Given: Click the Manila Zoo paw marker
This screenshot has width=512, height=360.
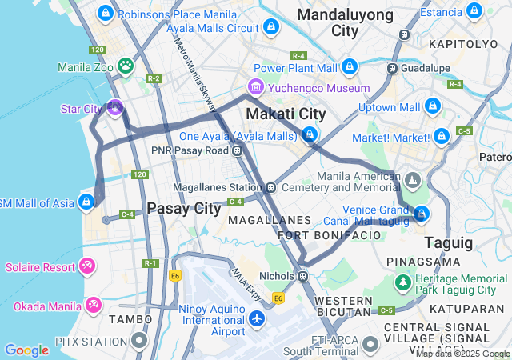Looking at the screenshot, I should pyautogui.click(x=126, y=65).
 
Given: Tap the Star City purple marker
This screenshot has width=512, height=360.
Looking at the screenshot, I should pyautogui.click(x=115, y=107).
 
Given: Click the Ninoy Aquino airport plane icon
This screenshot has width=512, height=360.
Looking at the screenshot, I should pyautogui.click(x=257, y=319).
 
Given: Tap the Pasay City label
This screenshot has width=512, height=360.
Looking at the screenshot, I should pyautogui.click(x=183, y=209).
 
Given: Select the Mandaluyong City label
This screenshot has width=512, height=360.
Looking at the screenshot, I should pyautogui.click(x=345, y=23).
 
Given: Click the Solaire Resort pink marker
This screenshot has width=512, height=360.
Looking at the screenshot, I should pyautogui.click(x=88, y=265).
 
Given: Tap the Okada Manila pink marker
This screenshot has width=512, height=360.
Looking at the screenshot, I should pyautogui.click(x=94, y=305).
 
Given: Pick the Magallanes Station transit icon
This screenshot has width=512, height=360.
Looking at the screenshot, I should pyautogui.click(x=271, y=187).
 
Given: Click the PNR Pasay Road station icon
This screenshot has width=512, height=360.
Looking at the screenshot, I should pyautogui.click(x=238, y=150).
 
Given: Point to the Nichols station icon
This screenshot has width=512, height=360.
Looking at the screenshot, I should pyautogui.click(x=302, y=276).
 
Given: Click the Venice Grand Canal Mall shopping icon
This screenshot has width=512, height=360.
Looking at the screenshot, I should pyautogui.click(x=421, y=214).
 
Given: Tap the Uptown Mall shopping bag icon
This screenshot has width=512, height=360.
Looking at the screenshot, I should pyautogui.click(x=433, y=106).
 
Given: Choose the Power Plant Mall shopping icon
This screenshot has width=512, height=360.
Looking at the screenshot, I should pyautogui.click(x=349, y=67).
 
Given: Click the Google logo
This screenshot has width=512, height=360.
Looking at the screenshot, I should pyautogui.click(x=26, y=350).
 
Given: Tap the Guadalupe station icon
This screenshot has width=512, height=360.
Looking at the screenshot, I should pyautogui.click(x=392, y=68).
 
